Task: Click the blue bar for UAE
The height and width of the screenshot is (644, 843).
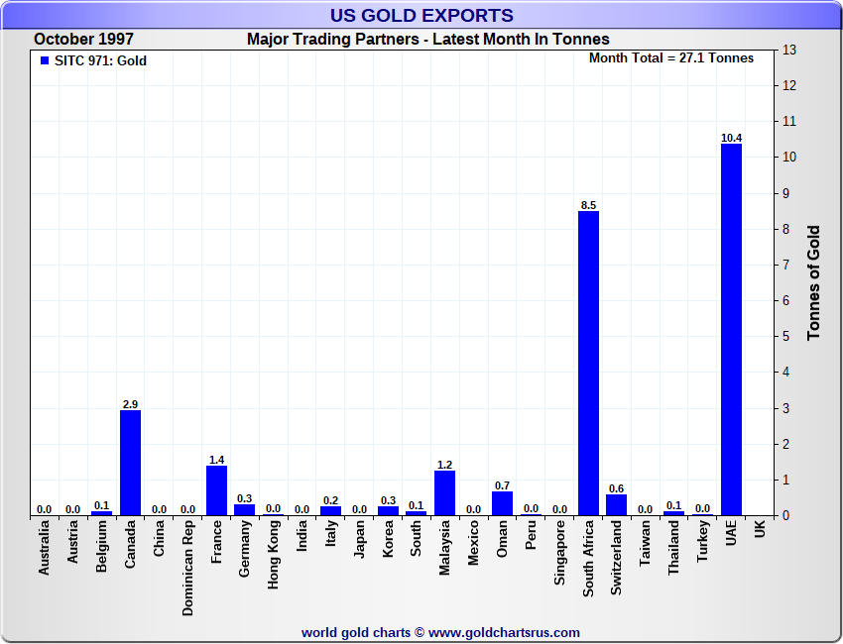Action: [731, 330]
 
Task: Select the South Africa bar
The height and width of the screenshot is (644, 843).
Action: [588, 364]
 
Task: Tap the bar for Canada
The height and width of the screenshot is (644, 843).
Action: [130, 463]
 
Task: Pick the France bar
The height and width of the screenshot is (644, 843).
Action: [216, 490]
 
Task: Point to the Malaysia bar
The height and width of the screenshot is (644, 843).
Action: [445, 493]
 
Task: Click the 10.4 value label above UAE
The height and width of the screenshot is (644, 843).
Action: [731, 138]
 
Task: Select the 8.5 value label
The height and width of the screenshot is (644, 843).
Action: [588, 205]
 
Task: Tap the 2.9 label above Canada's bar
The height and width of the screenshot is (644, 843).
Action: [130, 404]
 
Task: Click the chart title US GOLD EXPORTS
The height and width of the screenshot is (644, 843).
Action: [421, 15]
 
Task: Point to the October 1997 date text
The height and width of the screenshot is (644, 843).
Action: [83, 40]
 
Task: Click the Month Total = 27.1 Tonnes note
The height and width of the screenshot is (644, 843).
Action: [671, 58]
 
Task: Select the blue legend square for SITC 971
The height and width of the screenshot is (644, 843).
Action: [44, 60]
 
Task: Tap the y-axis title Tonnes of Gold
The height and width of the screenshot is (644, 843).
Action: [814, 282]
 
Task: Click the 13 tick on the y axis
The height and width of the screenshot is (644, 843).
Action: [790, 50]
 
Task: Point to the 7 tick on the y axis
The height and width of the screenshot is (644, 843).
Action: [787, 265]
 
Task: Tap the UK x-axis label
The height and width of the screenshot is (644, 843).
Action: [760, 530]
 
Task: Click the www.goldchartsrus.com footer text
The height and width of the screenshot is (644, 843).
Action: [504, 632]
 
